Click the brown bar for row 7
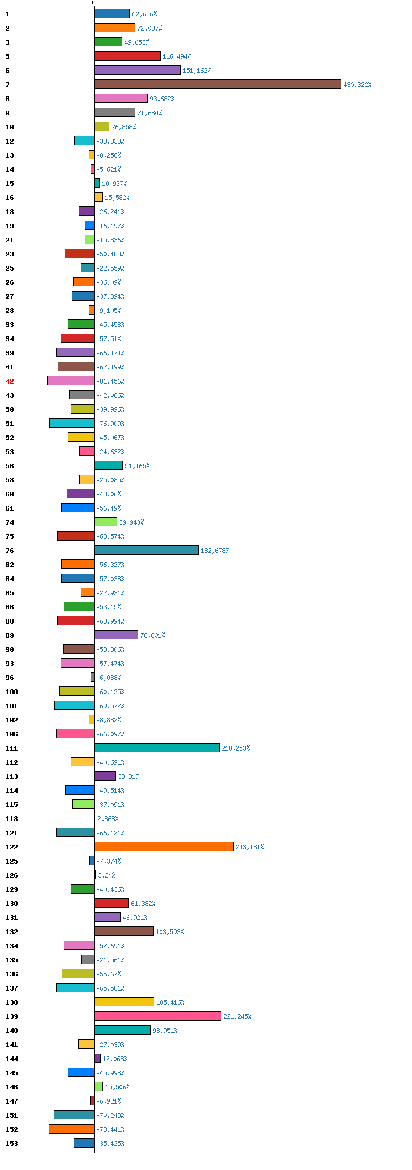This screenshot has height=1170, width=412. coord(217,84)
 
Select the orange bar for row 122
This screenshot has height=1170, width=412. coord(164,846)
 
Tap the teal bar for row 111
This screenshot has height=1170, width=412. coord(157,748)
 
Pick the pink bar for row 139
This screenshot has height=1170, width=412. coord(158,1016)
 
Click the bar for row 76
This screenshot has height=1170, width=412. coord(146,550)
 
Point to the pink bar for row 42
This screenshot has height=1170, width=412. coord(71,381)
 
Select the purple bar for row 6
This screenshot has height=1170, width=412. coord(137,70)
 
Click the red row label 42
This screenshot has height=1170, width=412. coord(9,381)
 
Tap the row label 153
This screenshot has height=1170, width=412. coord(12,1144)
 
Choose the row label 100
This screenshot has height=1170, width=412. coord(12,692)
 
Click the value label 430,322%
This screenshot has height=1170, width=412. coord(357,85)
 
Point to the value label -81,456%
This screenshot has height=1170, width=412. coord(110,381)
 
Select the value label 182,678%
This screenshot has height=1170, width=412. coord(215,551)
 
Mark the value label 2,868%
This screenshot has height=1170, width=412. coord(108,819)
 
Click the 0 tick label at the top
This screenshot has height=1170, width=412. coord(94,3)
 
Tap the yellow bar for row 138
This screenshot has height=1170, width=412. coord(124,1002)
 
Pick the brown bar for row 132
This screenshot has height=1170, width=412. coord(124,931)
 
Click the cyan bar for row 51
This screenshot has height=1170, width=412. coord(72,423)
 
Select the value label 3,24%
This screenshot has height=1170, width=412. coord(107,875)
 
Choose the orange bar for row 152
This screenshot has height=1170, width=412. coord(71,1129)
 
